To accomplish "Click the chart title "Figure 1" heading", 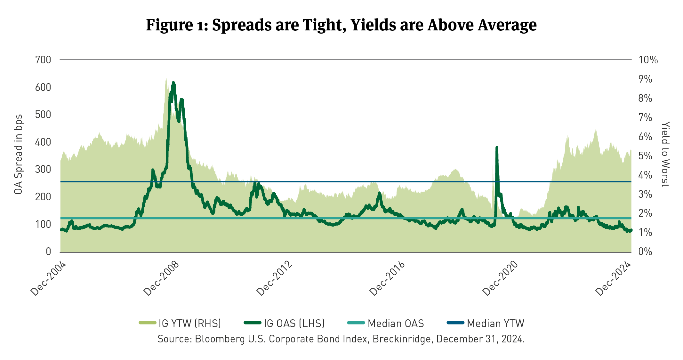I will [341, 25].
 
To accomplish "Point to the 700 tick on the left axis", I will [43, 60].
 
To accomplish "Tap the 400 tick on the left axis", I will [43, 142].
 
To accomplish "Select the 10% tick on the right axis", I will [648, 60].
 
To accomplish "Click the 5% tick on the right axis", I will [645, 156].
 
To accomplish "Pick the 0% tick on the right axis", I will [645, 252].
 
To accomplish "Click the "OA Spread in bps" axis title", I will [19, 154].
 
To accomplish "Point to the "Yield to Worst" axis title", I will [665, 154].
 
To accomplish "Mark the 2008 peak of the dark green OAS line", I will [173, 83].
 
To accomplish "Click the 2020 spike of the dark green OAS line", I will [497, 148].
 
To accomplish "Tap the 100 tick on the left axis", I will [43, 224].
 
